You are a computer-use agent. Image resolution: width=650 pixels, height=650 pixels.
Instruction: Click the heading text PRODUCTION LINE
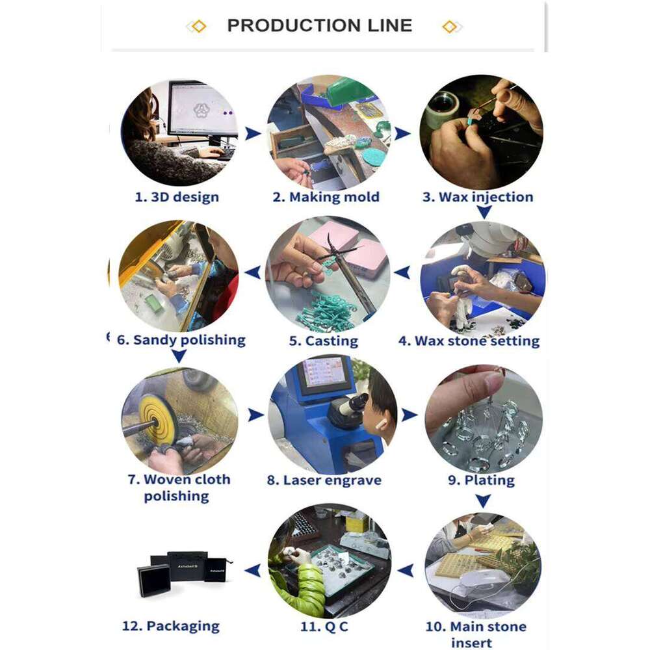[x=320, y=26]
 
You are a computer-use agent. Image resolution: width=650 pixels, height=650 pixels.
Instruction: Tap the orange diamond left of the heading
[x=199, y=27]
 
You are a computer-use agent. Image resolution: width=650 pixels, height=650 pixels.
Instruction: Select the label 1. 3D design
[x=177, y=197]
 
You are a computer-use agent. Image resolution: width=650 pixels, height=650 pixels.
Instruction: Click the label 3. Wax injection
[x=478, y=198]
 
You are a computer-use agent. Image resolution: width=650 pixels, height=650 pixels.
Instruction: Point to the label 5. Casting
[x=323, y=341]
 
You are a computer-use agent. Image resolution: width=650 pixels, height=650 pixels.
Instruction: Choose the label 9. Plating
[x=481, y=480]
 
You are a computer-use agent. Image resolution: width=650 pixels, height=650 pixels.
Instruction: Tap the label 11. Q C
[x=324, y=627]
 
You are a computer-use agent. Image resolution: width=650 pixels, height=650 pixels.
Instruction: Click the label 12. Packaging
[x=171, y=627]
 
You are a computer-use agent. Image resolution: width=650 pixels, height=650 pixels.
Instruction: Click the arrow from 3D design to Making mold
[x=253, y=133]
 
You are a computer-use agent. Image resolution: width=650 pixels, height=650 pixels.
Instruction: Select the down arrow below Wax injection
[x=484, y=213]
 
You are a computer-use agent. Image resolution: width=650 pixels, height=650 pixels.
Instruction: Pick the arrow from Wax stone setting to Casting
[x=402, y=272]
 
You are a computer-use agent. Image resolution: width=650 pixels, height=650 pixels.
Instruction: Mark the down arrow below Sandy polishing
[x=179, y=356]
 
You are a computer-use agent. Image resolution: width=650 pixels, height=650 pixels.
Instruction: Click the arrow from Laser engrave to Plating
[x=409, y=415]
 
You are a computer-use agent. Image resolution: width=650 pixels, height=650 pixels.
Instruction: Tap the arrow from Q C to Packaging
[x=253, y=571]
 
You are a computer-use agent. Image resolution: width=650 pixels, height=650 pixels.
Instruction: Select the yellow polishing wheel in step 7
[x=159, y=421]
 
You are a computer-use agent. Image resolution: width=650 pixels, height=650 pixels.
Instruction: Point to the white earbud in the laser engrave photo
[x=380, y=424]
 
